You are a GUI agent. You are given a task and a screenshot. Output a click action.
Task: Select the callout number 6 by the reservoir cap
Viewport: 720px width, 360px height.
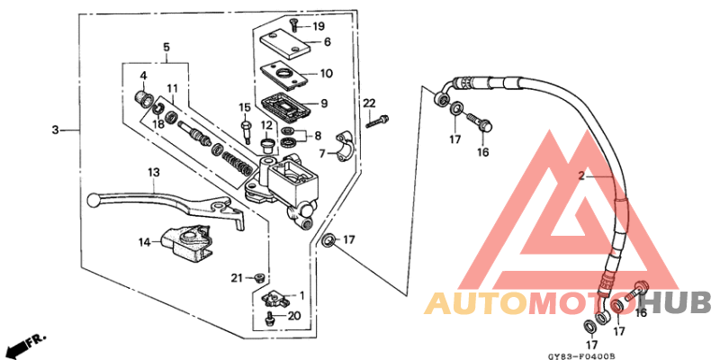pos(327,41)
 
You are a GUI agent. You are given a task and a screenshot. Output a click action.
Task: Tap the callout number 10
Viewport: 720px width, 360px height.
pos(326,74)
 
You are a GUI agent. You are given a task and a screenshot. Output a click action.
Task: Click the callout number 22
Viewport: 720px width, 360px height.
pos(368,105)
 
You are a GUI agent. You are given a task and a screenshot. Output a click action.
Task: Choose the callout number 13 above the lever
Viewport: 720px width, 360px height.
pos(154,171)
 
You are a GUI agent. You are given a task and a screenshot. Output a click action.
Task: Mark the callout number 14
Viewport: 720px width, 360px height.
pos(143,241)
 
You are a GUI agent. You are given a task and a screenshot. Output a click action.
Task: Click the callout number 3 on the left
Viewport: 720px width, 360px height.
pos(55,130)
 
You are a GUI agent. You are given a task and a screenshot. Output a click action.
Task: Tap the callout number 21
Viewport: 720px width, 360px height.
pos(237,277)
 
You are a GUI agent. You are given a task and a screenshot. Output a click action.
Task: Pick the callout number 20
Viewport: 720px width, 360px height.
pos(293,315)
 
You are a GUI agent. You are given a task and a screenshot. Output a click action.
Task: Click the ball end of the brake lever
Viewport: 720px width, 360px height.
pos(98,200)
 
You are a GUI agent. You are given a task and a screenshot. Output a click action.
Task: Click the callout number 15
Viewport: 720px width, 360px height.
pos(244,108)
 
